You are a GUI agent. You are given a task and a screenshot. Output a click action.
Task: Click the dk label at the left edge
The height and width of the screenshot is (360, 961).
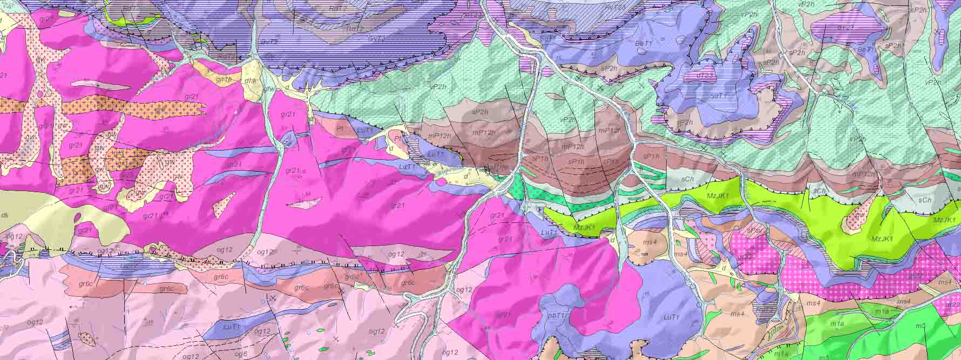click(4, 214)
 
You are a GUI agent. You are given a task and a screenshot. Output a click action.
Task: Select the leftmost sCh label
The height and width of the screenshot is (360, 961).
click(687, 178)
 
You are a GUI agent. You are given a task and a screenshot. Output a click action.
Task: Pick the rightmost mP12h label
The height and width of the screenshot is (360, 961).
click(863, 174)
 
